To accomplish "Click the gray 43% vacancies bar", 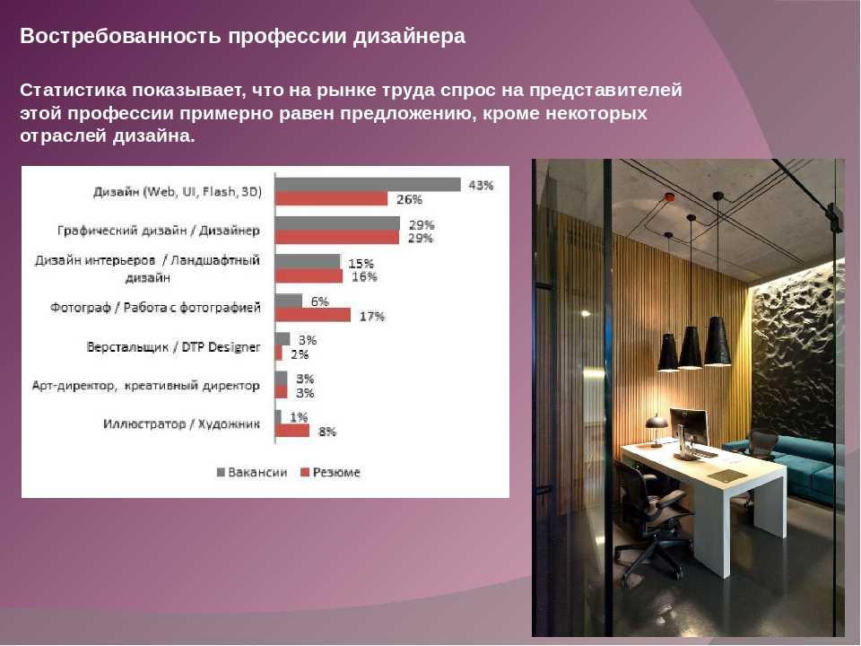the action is point(368,185).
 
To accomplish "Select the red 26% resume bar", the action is point(331,198).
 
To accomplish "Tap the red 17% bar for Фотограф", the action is point(313,315).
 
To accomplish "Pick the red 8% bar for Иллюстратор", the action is point(292,431).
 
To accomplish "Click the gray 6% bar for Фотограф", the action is point(289,301).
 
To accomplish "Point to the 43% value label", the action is point(481,186).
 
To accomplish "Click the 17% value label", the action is point(372,317).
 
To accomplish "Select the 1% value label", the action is point(299,417).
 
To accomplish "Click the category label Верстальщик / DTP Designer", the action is point(173,347).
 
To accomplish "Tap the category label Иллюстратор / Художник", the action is point(182,424).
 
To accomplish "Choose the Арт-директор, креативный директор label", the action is point(146,386).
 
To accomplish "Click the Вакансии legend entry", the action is point(252,473).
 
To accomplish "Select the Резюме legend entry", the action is point(331,473).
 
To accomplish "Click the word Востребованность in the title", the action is point(121,36).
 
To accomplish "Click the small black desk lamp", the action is point(656,429).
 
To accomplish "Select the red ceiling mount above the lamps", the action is point(669,196).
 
